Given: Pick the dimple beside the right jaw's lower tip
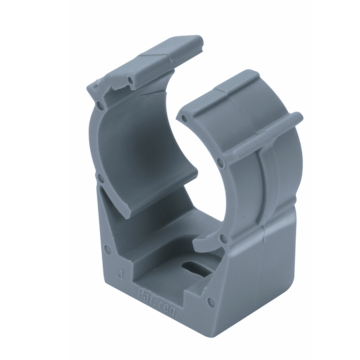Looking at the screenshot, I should click(222, 238).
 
